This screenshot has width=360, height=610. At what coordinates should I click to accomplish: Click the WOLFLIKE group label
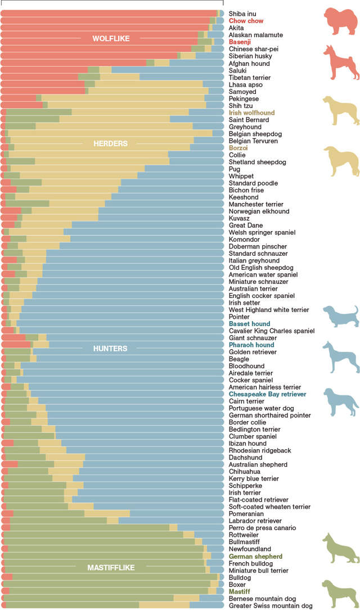[111, 39]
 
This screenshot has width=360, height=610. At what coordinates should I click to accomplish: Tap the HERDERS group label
[110, 144]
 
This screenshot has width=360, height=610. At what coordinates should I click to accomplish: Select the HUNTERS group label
[110, 349]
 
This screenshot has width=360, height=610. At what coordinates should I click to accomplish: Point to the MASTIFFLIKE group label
[111, 568]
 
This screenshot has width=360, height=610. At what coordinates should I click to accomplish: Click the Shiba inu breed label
[243, 13]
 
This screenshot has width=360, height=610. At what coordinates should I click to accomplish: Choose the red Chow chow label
[246, 21]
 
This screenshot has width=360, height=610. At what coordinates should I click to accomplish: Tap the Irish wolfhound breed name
[251, 113]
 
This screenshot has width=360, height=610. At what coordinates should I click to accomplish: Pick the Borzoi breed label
[238, 148]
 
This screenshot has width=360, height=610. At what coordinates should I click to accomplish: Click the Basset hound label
[249, 324]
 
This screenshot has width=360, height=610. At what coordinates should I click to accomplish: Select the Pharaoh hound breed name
[251, 345]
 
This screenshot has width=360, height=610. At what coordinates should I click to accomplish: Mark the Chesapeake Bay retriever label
[267, 394]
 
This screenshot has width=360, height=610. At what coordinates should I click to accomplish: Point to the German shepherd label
[255, 556]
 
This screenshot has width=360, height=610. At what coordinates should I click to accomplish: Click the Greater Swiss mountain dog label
[270, 606]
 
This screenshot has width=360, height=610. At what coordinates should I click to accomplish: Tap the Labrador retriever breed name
[255, 521]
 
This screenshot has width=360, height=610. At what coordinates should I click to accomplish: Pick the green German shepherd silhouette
[340, 548]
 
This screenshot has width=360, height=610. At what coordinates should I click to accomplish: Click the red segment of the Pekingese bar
[18, 98]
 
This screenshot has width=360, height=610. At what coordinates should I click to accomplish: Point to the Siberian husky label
[249, 56]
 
